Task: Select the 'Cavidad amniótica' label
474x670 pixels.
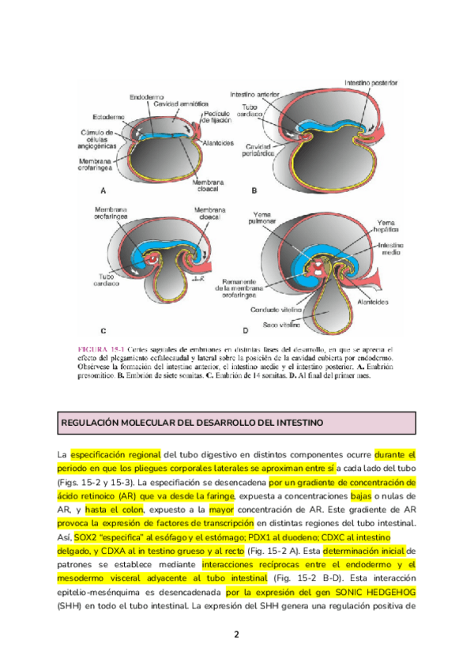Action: point(182,104)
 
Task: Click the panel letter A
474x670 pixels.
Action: point(104,190)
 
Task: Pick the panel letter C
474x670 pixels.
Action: point(103,329)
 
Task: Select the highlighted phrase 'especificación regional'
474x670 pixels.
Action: point(115,455)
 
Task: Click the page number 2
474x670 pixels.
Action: point(236,634)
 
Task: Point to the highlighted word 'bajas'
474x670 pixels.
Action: point(360,495)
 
